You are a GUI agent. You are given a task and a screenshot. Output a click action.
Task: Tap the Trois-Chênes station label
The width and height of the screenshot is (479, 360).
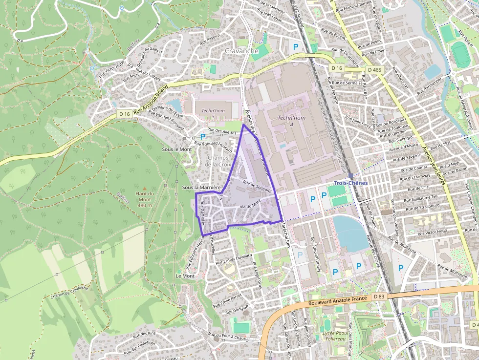[x=350, y=183]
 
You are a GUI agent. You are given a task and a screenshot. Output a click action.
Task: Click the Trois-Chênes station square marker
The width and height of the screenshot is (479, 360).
[x=350, y=175]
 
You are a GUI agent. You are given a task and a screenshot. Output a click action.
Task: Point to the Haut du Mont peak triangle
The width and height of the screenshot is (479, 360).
[x=144, y=187]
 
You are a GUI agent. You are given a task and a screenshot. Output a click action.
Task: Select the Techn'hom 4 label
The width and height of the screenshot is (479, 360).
[x=292, y=121]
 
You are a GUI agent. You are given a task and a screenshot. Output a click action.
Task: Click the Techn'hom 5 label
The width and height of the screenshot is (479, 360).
[x=214, y=113]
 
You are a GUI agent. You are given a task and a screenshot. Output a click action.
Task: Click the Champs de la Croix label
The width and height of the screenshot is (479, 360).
[x=218, y=161]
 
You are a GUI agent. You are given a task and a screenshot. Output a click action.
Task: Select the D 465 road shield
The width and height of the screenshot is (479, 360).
[x=374, y=70]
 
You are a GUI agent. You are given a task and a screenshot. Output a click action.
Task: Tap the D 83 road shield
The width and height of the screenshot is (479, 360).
[x=379, y=296]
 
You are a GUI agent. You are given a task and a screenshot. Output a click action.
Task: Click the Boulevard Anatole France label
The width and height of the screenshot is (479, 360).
[x=338, y=301]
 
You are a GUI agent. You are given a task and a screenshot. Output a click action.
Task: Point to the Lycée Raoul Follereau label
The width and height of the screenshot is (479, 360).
[x=338, y=336]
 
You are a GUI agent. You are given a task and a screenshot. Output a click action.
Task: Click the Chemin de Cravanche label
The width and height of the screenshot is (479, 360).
[x=69, y=292]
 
